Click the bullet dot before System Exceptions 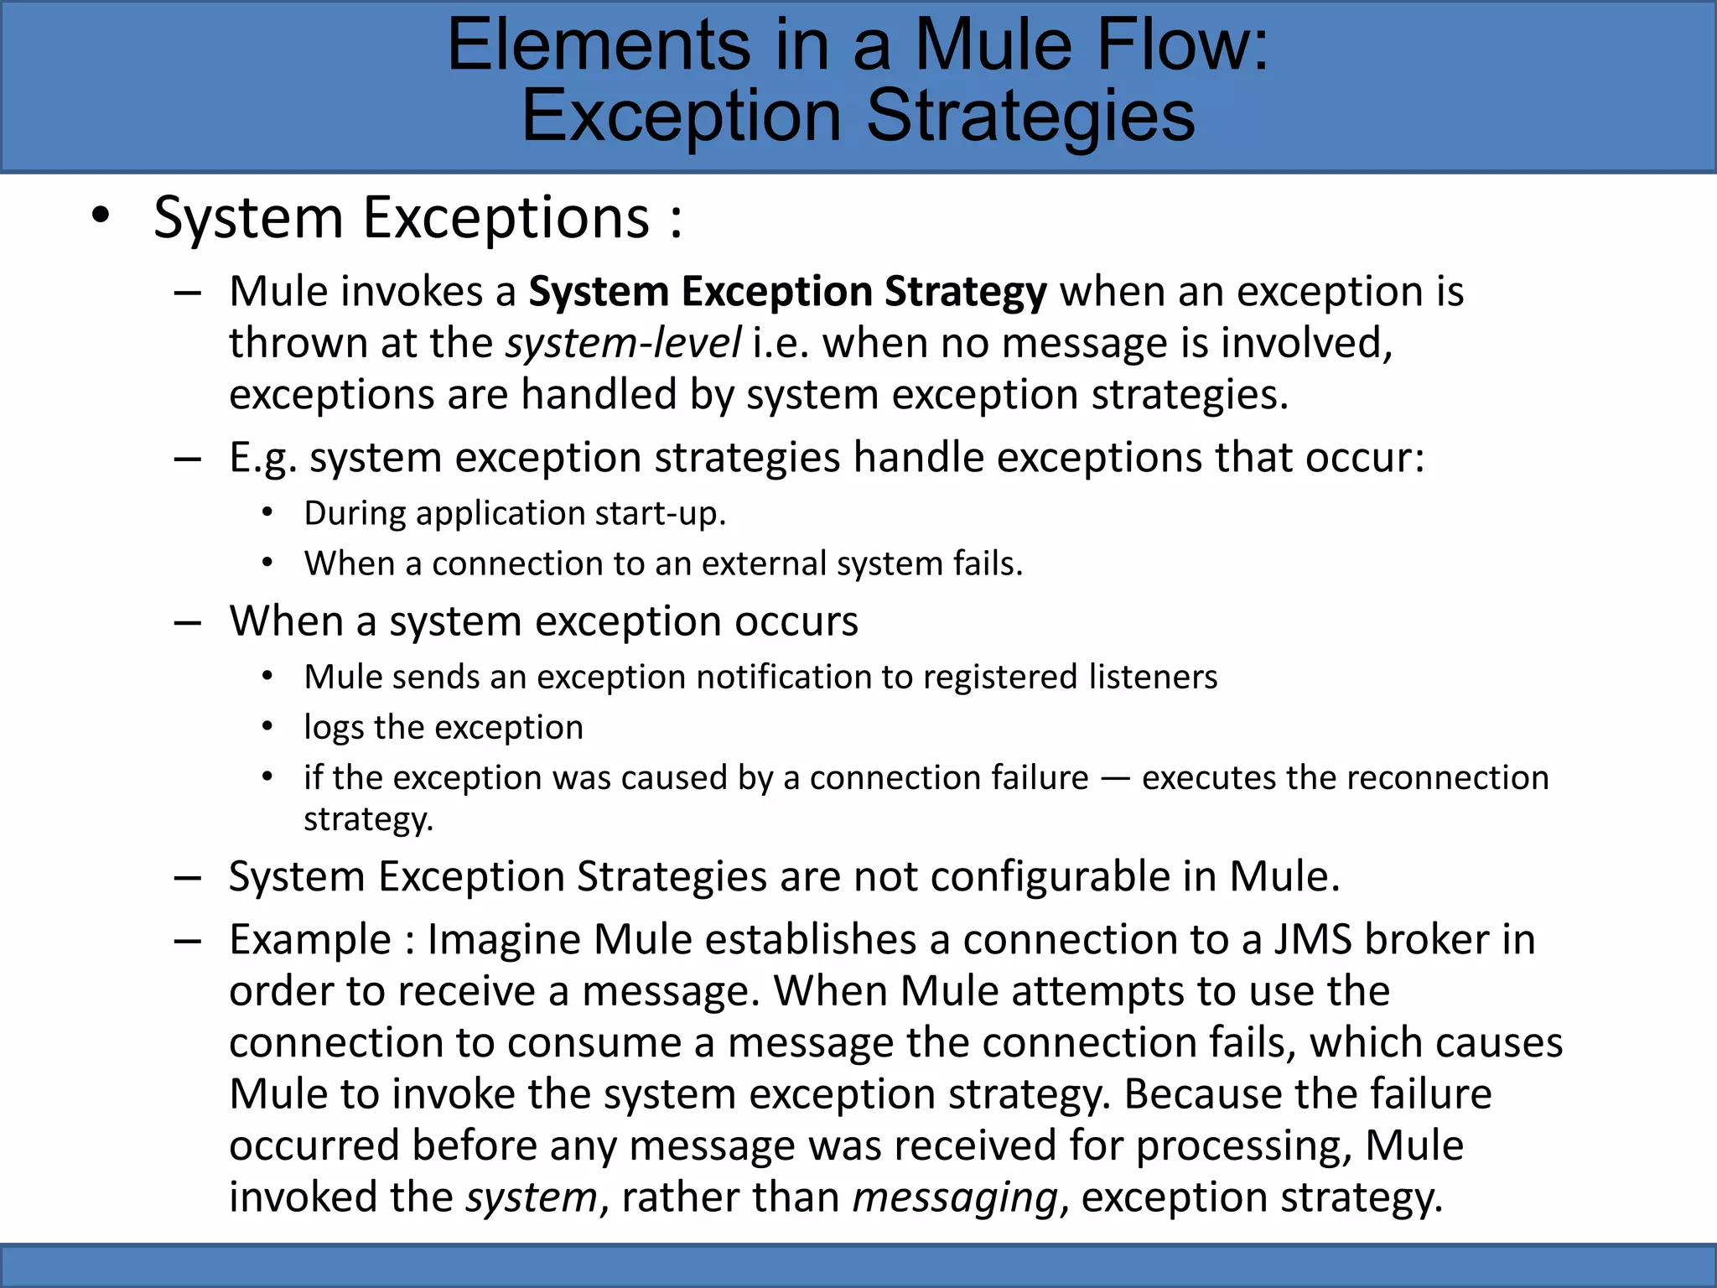(101, 216)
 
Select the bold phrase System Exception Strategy (787, 292)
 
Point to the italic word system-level (623, 343)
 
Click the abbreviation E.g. (262, 458)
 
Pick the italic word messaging (955, 1197)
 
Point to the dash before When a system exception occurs (187, 622)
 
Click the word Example (310, 940)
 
